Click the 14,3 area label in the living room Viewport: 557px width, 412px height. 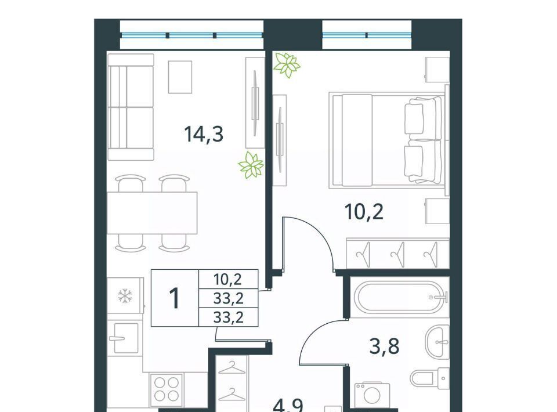[204, 134]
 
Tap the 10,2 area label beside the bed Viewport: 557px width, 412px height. [364, 212]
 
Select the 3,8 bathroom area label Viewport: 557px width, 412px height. [384, 346]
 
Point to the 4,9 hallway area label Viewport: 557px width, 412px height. [288, 405]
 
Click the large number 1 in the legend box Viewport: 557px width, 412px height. [175, 298]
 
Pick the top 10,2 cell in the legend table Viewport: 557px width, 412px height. [227, 280]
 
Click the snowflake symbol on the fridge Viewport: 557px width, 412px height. [125, 296]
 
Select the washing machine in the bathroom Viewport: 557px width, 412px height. [372, 395]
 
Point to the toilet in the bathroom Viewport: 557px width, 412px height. [430, 378]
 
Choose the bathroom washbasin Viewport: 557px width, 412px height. [437, 343]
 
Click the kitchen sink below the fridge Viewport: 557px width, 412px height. [122, 338]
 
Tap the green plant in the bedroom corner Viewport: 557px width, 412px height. [287, 64]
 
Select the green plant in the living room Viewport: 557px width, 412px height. [251, 165]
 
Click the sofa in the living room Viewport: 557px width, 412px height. [131, 107]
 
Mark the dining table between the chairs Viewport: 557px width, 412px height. [153, 213]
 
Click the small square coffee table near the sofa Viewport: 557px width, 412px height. [180, 77]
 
